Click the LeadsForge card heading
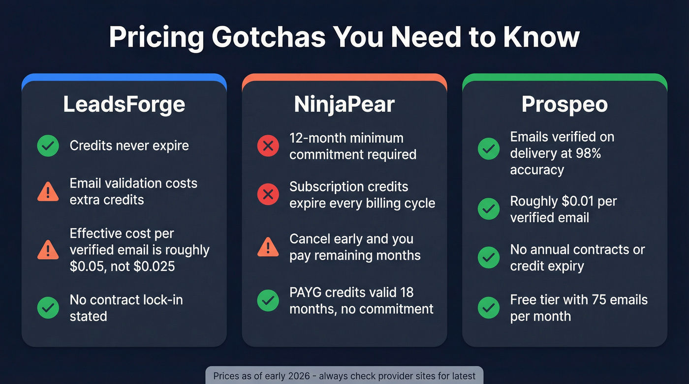pyautogui.click(x=124, y=104)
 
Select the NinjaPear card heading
pyautogui.click(x=344, y=104)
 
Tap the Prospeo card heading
pyautogui.click(x=564, y=104)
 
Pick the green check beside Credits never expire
pyautogui.click(x=48, y=146)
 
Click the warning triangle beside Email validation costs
pyautogui.click(x=48, y=191)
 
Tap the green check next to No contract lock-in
pyautogui.click(x=48, y=308)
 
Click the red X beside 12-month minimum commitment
pyautogui.click(x=268, y=146)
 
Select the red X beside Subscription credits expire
pyautogui.click(x=268, y=195)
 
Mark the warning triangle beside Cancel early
pyautogui.click(x=268, y=247)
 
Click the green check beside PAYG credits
pyautogui.click(x=268, y=300)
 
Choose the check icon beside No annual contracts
pyautogui.click(x=489, y=258)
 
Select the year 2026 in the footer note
pyautogui.click(x=298, y=376)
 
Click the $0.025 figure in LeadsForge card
pyautogui.click(x=158, y=266)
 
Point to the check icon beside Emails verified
pyautogui.click(x=489, y=149)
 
